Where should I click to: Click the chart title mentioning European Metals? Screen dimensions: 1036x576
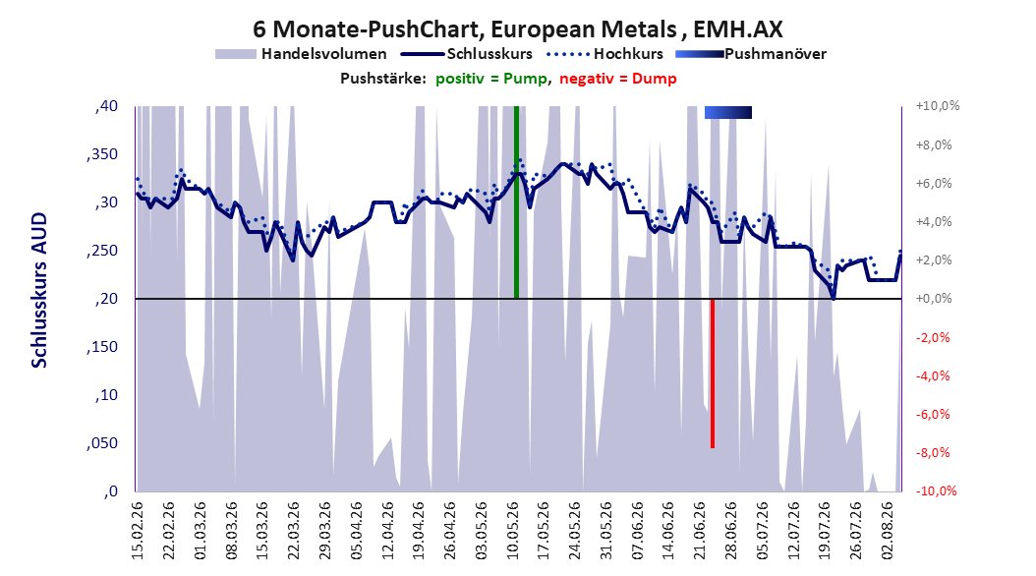click(517, 29)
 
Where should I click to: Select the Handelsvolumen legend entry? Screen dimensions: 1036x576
click(301, 54)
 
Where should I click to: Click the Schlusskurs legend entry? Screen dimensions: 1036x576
click(467, 54)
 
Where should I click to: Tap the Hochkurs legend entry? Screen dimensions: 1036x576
click(604, 54)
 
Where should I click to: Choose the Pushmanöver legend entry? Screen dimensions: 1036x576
click(751, 54)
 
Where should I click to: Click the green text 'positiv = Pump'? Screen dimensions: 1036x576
click(491, 79)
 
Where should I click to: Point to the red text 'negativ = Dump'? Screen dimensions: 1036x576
click(618, 79)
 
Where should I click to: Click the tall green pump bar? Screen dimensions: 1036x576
click(517, 202)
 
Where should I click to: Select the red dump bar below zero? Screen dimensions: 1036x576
click(713, 374)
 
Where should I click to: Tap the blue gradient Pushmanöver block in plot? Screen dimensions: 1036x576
click(728, 112)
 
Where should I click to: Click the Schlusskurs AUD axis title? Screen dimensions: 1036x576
click(39, 290)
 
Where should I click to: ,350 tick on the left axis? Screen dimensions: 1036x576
click(102, 154)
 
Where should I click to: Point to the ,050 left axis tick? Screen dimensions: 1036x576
click(102, 443)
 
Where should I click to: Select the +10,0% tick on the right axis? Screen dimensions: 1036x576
click(938, 106)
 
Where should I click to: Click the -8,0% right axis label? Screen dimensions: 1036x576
click(935, 452)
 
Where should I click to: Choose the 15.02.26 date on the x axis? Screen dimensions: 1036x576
click(138, 531)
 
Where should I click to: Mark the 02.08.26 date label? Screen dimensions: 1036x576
click(888, 531)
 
